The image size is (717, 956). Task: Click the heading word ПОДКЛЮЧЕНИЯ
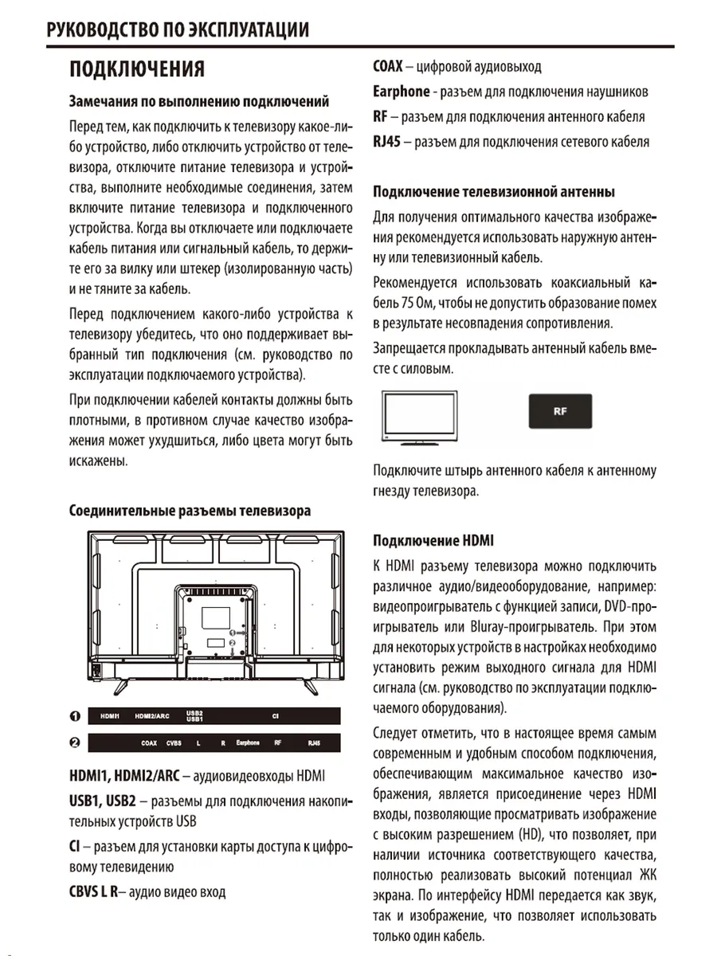[x=137, y=69]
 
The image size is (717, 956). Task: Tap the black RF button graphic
[x=558, y=413]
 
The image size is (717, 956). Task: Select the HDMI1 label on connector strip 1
[x=110, y=716]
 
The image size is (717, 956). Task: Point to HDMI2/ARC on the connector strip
[x=152, y=716]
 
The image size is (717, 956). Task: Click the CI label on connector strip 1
[x=274, y=716]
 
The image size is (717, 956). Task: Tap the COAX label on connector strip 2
[x=149, y=743]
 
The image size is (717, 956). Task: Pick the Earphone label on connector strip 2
[x=248, y=743]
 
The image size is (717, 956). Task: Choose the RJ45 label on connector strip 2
[x=313, y=743]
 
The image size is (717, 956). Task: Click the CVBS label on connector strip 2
[x=174, y=743]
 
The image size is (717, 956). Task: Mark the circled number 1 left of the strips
[x=74, y=715]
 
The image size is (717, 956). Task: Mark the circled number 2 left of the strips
[x=74, y=743]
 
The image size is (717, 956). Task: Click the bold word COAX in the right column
[x=388, y=67]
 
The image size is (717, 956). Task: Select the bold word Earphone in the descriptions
[x=402, y=92]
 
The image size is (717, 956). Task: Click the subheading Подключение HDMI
[x=433, y=541]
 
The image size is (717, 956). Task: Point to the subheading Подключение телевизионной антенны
[x=494, y=192]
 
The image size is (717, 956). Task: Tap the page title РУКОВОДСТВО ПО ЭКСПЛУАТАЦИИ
[x=178, y=30]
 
